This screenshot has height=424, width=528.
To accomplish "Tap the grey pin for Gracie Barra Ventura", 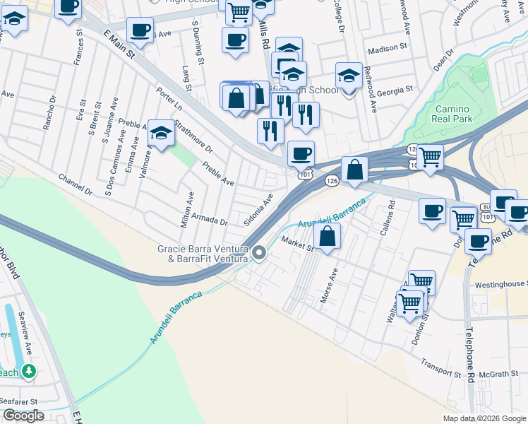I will (259, 252).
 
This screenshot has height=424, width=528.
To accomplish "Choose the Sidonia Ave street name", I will (258, 211).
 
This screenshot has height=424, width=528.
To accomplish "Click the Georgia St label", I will (395, 91).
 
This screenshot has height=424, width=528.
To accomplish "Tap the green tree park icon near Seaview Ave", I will (28, 370).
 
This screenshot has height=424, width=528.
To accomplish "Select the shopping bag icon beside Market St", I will (327, 237).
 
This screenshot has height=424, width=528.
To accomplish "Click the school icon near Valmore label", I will (161, 134).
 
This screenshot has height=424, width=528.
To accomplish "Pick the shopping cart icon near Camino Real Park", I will (429, 157).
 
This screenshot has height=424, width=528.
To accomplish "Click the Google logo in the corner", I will (23, 416).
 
